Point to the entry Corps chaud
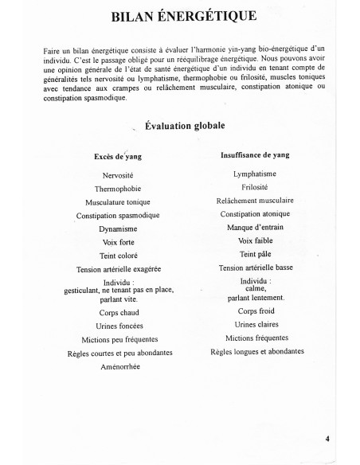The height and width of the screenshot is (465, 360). coord(118,313)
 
